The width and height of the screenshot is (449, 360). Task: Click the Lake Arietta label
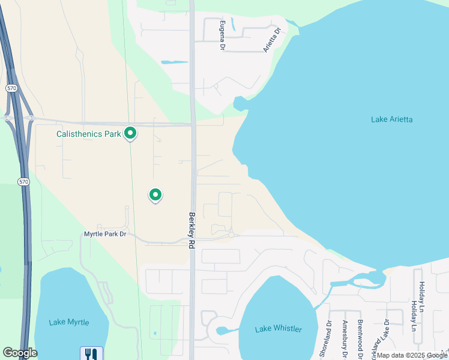[391, 119]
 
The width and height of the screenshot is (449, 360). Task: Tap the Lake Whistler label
[279, 329]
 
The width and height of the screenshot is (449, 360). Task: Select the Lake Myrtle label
[70, 322]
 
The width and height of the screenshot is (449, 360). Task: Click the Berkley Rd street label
[192, 230]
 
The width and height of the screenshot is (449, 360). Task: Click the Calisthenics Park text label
[89, 134]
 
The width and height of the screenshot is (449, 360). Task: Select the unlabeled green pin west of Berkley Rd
[155, 194]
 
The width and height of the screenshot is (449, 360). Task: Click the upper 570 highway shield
[11, 88]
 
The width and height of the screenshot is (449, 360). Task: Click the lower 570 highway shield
[23, 182]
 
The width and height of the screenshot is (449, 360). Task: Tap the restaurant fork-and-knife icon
[91, 353]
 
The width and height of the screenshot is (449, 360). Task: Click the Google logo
[20, 353]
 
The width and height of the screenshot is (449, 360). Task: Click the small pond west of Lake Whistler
[223, 331]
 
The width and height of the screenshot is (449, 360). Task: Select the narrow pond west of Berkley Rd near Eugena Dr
[174, 62]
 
